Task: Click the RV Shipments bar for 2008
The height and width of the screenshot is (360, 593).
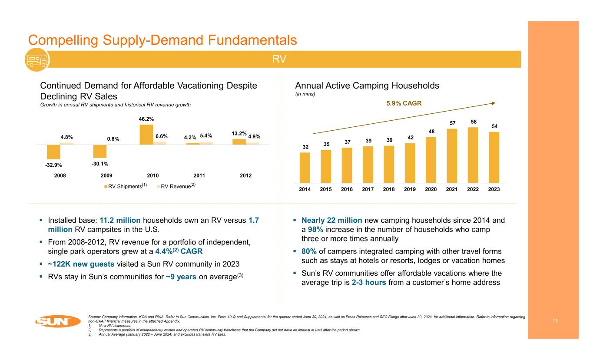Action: pos(53,152)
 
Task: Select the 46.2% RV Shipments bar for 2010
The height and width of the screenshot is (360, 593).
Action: pos(146,134)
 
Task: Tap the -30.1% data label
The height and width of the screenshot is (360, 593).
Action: pos(100,164)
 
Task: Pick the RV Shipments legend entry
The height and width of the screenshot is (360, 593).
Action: pos(125,186)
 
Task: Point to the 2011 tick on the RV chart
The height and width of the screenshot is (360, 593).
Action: pos(199,175)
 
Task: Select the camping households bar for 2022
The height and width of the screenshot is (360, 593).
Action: pos(473,155)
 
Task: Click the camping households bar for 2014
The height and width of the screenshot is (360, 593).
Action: pos(305,168)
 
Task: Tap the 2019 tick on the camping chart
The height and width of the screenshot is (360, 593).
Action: pos(410,189)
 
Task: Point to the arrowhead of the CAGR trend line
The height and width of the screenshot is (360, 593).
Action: pos(494,103)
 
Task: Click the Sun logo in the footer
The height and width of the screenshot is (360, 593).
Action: pos(57,322)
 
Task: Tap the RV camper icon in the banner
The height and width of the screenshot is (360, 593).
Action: pos(36,59)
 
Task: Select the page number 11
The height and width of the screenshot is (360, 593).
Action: pos(555,320)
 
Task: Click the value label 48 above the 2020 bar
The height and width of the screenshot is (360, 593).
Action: pos(431,131)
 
